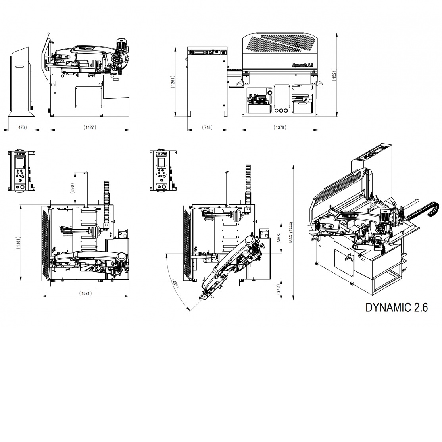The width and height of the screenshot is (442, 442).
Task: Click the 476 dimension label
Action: pyautogui.click(x=21, y=127)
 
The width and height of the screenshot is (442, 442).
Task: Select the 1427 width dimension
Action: pyautogui.click(x=90, y=127)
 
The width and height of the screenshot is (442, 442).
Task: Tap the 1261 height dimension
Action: pyautogui.click(x=173, y=82)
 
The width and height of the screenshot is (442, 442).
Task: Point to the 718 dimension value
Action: pyautogui.click(x=207, y=127)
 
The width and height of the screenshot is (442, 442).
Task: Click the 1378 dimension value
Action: pyautogui.click(x=280, y=127)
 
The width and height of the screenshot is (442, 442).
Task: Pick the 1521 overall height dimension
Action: pyautogui.click(x=334, y=75)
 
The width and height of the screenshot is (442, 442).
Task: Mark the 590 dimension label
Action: pyautogui.click(x=72, y=188)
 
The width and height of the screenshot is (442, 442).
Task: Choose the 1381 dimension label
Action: pyautogui.click(x=18, y=243)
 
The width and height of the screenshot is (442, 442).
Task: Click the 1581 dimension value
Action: pyautogui.click(x=85, y=293)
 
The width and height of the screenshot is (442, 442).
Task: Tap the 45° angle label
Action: pyautogui.click(x=175, y=284)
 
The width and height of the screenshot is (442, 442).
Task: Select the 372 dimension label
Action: pyautogui.click(x=278, y=289)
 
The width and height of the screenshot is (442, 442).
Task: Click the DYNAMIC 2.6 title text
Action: pyautogui.click(x=397, y=307)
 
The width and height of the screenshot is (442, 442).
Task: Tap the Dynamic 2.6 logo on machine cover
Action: pyautogui.click(x=303, y=65)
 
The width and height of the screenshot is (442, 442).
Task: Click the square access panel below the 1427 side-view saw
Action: pyautogui.click(x=88, y=97)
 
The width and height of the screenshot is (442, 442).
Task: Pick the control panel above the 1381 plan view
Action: pyautogui.click(x=21, y=171)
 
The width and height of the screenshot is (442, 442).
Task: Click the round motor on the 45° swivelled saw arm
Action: pyautogui.click(x=250, y=240)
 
